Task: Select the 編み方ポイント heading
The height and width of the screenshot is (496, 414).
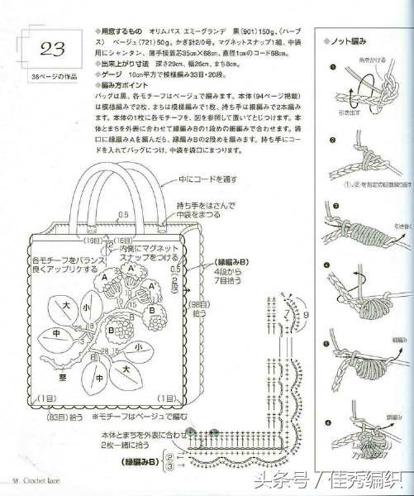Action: [122, 85]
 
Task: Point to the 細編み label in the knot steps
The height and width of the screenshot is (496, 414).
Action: [387, 338]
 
